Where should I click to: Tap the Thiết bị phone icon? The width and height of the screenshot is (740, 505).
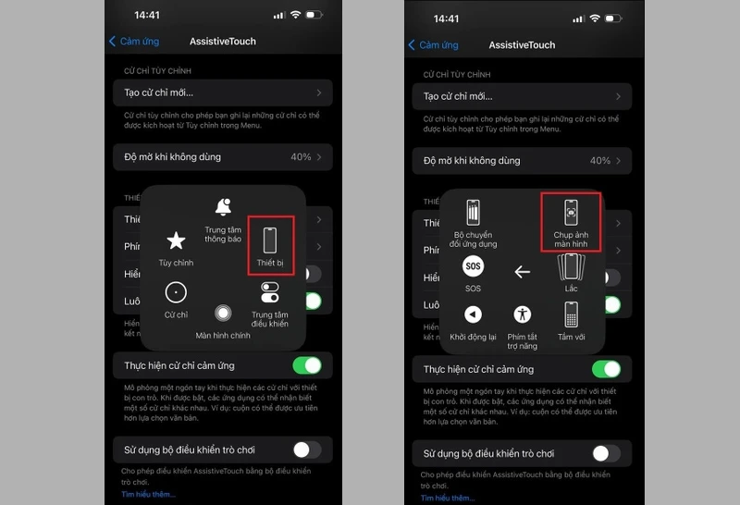[271, 240]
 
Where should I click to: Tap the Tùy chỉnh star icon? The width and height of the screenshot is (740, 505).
[176, 241]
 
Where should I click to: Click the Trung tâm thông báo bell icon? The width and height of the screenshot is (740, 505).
[223, 207]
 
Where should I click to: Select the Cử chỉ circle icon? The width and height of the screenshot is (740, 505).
[176, 293]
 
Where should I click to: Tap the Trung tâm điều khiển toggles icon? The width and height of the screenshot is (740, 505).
[270, 293]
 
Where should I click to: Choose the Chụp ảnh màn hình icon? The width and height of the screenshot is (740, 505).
[572, 213]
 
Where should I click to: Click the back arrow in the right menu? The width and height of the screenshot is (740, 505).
[523, 272]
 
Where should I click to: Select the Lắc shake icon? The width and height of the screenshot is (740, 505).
[572, 266]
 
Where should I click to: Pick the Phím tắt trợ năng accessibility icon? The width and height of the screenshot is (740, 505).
[523, 314]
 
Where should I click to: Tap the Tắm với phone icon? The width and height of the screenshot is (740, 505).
[572, 314]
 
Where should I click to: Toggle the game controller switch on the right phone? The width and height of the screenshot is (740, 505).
[606, 453]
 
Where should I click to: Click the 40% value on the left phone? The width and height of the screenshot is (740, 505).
[301, 157]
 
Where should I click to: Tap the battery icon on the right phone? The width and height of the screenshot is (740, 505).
[613, 18]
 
